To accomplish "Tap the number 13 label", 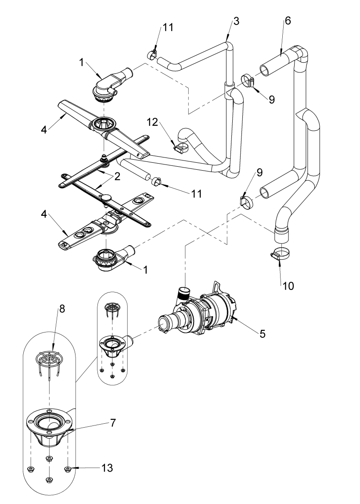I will click(x=107, y=468).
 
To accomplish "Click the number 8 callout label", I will click(x=62, y=308).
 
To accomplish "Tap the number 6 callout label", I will click(x=288, y=21).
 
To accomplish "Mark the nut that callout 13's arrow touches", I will click(x=68, y=469).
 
